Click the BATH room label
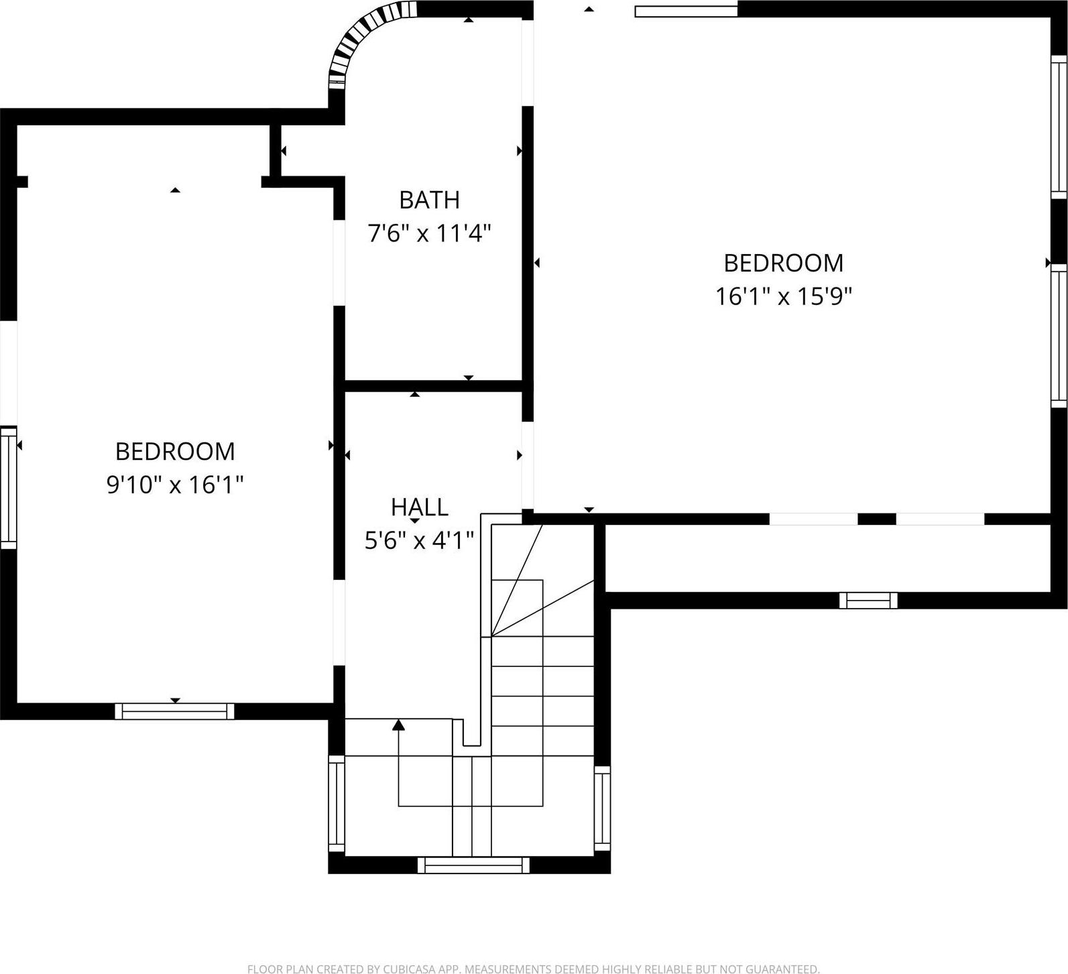(x=429, y=200)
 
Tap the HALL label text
(x=419, y=507)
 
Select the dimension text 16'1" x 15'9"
(x=783, y=296)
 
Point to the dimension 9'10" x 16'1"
(x=175, y=484)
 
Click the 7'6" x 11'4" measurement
(x=429, y=233)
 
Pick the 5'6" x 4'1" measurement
(x=419, y=540)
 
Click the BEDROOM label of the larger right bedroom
(x=783, y=263)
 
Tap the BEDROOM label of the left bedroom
(x=175, y=451)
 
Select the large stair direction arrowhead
(x=399, y=725)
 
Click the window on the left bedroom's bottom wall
(x=174, y=711)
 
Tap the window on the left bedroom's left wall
(x=8, y=487)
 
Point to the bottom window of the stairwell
(x=473, y=865)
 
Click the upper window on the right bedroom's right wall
(x=1059, y=127)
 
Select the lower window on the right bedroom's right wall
(x=1059, y=335)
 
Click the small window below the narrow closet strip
(x=868, y=601)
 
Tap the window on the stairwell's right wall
(x=603, y=808)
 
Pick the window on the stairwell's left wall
(x=336, y=804)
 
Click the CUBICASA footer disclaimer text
(x=533, y=969)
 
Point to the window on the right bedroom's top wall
(x=686, y=11)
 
